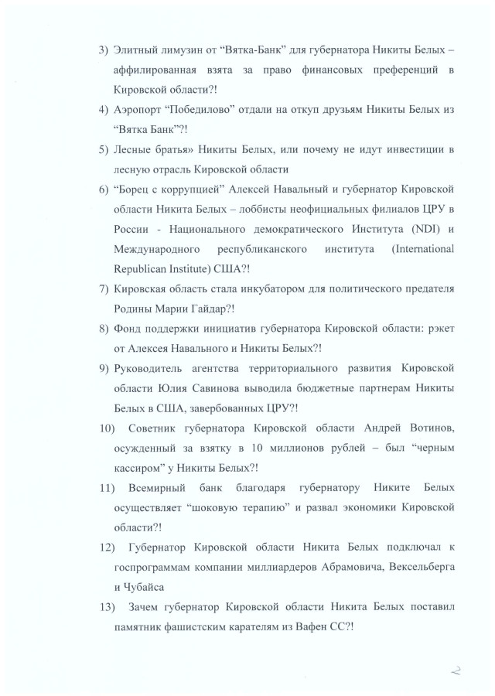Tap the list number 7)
tap(103, 289)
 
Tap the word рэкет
tap(436, 329)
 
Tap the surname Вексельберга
tap(418, 568)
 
